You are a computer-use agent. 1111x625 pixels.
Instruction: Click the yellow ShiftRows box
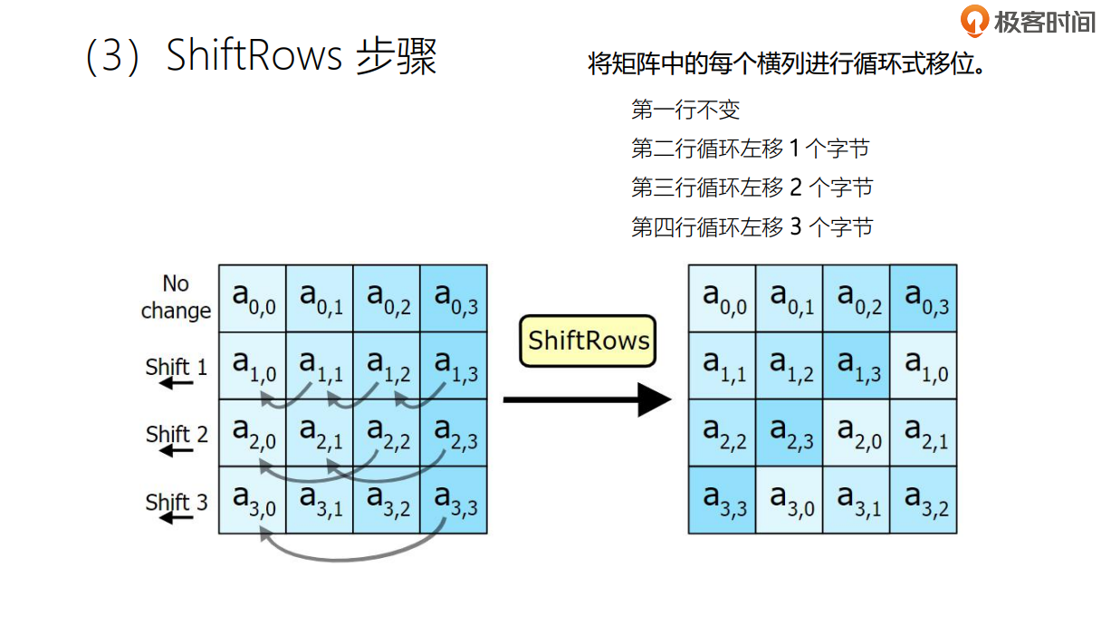[x=588, y=341]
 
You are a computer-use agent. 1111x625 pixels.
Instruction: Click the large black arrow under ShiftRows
[x=587, y=399]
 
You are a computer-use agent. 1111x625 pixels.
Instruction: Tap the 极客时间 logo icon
[x=974, y=20]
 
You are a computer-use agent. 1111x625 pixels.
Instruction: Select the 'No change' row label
[x=176, y=297]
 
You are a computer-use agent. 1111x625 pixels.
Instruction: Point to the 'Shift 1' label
[x=177, y=367]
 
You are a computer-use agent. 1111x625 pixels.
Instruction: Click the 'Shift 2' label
[x=177, y=434]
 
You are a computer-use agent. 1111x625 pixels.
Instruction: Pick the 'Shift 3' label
[x=177, y=502]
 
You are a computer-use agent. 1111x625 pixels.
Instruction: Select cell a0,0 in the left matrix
[x=253, y=298]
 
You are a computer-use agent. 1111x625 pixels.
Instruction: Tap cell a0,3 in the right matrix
[x=924, y=298]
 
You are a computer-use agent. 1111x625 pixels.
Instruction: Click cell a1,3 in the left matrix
[x=454, y=365]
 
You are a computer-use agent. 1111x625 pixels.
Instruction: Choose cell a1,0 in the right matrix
[x=924, y=365]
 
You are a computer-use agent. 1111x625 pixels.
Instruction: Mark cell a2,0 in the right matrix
[x=857, y=432]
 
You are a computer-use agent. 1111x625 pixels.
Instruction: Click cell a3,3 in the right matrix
[x=722, y=499]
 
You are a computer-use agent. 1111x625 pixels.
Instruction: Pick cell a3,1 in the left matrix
[x=320, y=499]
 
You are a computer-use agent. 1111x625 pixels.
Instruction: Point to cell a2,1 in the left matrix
[x=320, y=432]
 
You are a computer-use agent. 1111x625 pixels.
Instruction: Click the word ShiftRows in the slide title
[x=254, y=56]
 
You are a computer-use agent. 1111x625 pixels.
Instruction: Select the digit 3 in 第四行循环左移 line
[x=796, y=226]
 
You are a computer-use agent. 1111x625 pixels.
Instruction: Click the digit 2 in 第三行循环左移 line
[x=796, y=187]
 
